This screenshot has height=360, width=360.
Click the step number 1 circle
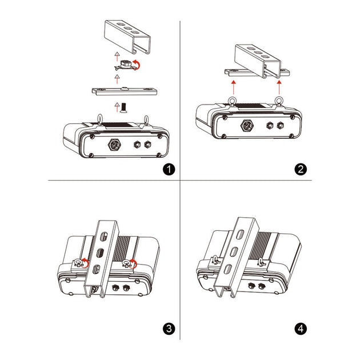tap(167, 169)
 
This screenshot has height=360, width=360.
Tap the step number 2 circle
tap(301, 169)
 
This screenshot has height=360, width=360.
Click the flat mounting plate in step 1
tap(126, 91)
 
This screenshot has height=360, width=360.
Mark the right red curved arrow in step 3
tap(134, 262)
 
